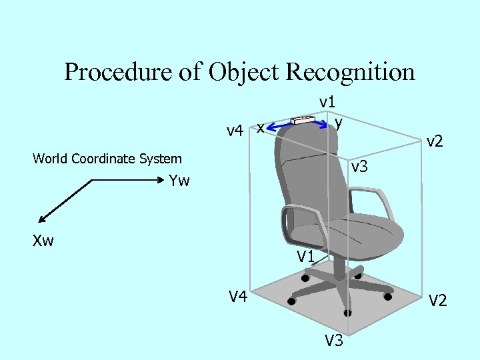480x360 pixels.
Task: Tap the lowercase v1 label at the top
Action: click(x=327, y=101)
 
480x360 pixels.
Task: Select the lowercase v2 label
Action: click(x=435, y=141)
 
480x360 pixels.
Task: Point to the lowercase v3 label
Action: click(x=359, y=167)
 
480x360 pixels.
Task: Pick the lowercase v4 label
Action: click(x=234, y=130)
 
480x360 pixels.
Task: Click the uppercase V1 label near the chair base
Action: click(x=305, y=255)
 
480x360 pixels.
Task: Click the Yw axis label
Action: click(x=179, y=181)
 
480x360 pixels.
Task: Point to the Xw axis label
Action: click(x=43, y=241)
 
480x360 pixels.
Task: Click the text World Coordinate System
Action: click(x=107, y=159)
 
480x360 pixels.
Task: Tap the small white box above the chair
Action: click(x=303, y=120)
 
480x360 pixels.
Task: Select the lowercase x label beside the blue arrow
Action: click(x=261, y=126)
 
